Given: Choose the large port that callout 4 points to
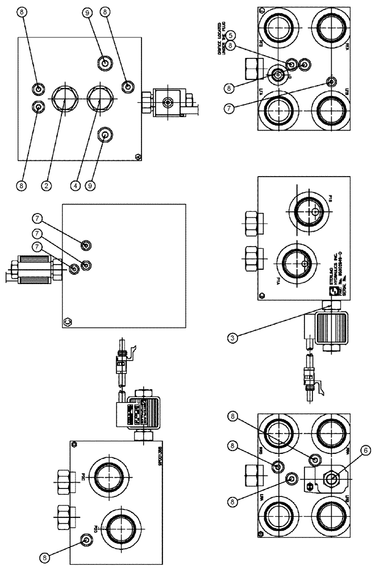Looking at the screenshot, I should click(99, 100).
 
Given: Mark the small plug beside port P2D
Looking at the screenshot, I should click(86, 539).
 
